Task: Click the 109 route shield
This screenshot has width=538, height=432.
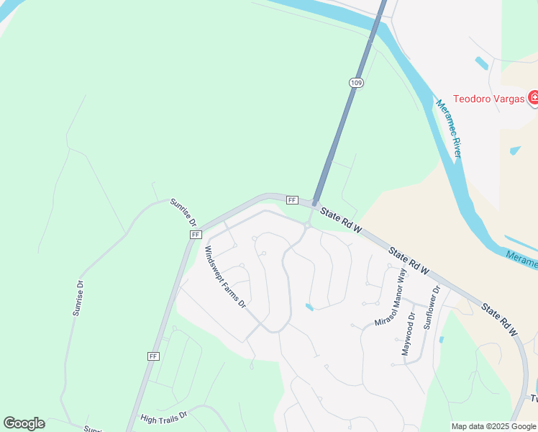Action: (357, 83)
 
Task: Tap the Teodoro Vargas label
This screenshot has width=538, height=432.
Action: (488, 99)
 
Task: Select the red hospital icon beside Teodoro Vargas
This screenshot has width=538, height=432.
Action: (533, 97)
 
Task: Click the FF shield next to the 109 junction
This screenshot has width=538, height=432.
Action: (292, 199)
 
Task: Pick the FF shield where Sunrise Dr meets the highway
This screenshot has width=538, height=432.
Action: (196, 235)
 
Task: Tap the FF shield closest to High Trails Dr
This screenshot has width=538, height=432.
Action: (152, 356)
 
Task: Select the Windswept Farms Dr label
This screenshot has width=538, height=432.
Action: (226, 278)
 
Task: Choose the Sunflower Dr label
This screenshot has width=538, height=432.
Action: (430, 307)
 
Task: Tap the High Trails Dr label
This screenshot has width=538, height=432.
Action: (163, 417)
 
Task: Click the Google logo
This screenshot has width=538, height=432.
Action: (24, 423)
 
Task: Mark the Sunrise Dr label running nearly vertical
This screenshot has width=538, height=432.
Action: (78, 298)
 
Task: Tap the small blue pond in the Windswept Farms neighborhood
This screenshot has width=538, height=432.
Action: (309, 307)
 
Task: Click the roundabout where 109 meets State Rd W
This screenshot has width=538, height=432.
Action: (306, 225)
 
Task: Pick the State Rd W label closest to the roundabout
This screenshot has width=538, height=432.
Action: (341, 219)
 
